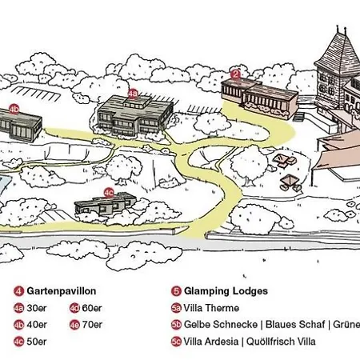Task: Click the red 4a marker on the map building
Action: (x=133, y=94)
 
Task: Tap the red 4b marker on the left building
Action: (x=14, y=110)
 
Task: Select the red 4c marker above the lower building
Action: (x=109, y=193)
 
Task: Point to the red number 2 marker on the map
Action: (x=235, y=74)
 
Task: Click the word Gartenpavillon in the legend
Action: (x=62, y=291)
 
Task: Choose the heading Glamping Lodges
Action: (x=226, y=291)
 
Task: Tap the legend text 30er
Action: (x=37, y=308)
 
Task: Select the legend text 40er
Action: (x=37, y=325)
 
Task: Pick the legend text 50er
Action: (x=37, y=342)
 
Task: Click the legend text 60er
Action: (x=92, y=308)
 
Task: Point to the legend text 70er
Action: (x=92, y=325)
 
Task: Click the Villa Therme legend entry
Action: (x=211, y=308)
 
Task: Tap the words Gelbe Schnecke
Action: (x=221, y=325)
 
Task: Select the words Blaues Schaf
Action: (x=295, y=325)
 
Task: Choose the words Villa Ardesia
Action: (x=211, y=342)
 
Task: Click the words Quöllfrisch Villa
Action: (x=281, y=342)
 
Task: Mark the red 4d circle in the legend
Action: (x=74, y=308)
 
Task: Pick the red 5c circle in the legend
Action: (x=176, y=342)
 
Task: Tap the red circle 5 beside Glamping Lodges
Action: (x=176, y=291)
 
